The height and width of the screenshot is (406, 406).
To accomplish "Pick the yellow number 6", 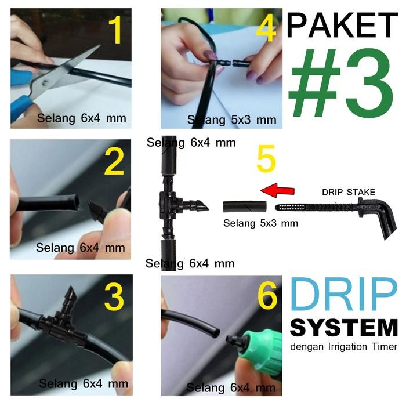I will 267,297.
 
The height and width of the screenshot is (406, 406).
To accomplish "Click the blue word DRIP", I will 343,295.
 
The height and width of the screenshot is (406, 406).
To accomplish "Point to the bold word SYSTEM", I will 343,328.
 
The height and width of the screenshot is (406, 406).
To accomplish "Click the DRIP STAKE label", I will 349,192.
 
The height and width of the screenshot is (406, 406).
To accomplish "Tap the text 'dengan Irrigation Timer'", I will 343,347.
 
